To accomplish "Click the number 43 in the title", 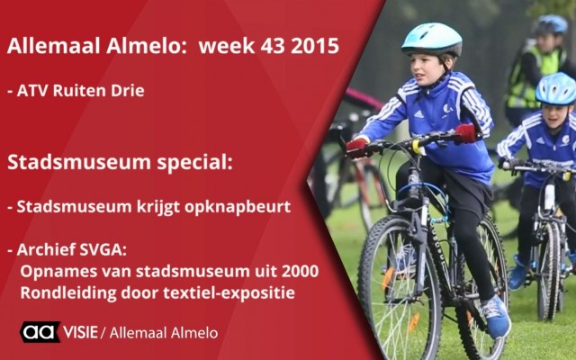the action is click(273, 46).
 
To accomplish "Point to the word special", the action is click(195, 162).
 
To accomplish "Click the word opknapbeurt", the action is click(238, 207).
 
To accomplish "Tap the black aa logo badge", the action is click(40, 332).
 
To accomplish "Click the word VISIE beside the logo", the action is click(80, 332).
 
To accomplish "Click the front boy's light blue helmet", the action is click(432, 39).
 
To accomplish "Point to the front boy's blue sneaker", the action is click(496, 317).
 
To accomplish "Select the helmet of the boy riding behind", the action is click(556, 88).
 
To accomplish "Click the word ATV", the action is click(32, 91).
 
